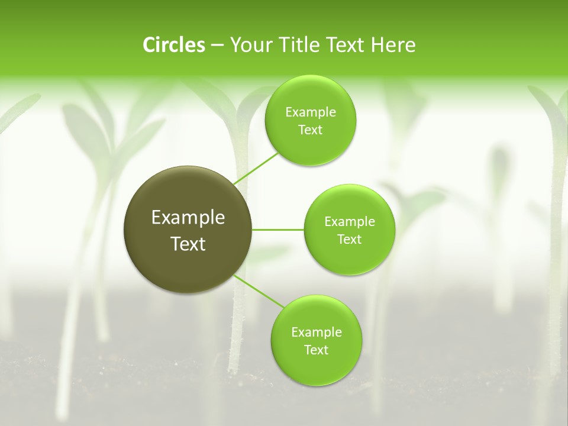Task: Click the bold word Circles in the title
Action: point(174,45)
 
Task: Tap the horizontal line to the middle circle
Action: point(278,230)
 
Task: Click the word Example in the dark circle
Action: point(188,218)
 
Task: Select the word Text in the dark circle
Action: point(188,244)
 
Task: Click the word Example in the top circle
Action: point(310,112)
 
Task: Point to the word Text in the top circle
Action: point(310,130)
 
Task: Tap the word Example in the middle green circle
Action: point(349,222)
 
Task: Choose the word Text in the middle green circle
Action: point(349,240)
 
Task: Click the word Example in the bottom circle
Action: point(316,333)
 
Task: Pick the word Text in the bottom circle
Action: point(316,350)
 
